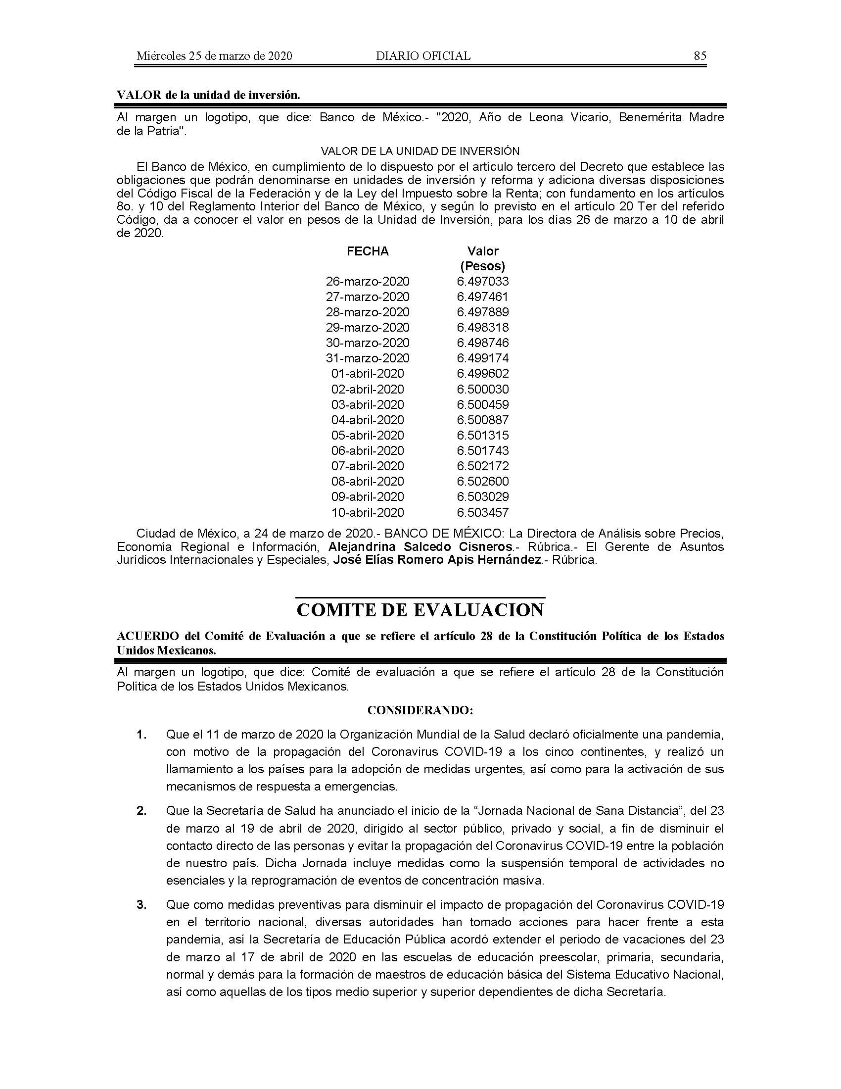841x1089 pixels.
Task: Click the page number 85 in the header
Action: [x=700, y=56]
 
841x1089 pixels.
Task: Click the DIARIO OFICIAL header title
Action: [x=423, y=56]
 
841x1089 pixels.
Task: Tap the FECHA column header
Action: [x=368, y=251]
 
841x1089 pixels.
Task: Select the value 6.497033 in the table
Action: [x=483, y=282]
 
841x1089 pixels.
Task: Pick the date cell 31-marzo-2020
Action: [x=368, y=358]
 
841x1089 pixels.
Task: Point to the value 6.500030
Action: [x=483, y=390]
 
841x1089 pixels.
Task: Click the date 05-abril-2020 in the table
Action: [x=368, y=435]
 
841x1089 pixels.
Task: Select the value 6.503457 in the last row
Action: [x=483, y=513]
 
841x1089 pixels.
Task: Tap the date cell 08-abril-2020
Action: [x=368, y=482]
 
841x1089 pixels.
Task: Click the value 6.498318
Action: [x=483, y=328]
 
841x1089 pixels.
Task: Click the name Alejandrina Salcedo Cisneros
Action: [x=420, y=546]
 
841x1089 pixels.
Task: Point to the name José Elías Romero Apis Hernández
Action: [x=437, y=560]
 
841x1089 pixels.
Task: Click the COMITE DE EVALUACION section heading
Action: [x=420, y=610]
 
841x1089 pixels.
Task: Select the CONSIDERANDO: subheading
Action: [x=420, y=710]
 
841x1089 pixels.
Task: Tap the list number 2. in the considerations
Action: [x=142, y=811]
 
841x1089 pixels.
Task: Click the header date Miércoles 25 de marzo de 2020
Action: [x=214, y=56]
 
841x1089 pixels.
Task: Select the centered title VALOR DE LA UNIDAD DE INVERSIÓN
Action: [x=420, y=151]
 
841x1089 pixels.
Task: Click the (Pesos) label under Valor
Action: [x=483, y=266]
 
